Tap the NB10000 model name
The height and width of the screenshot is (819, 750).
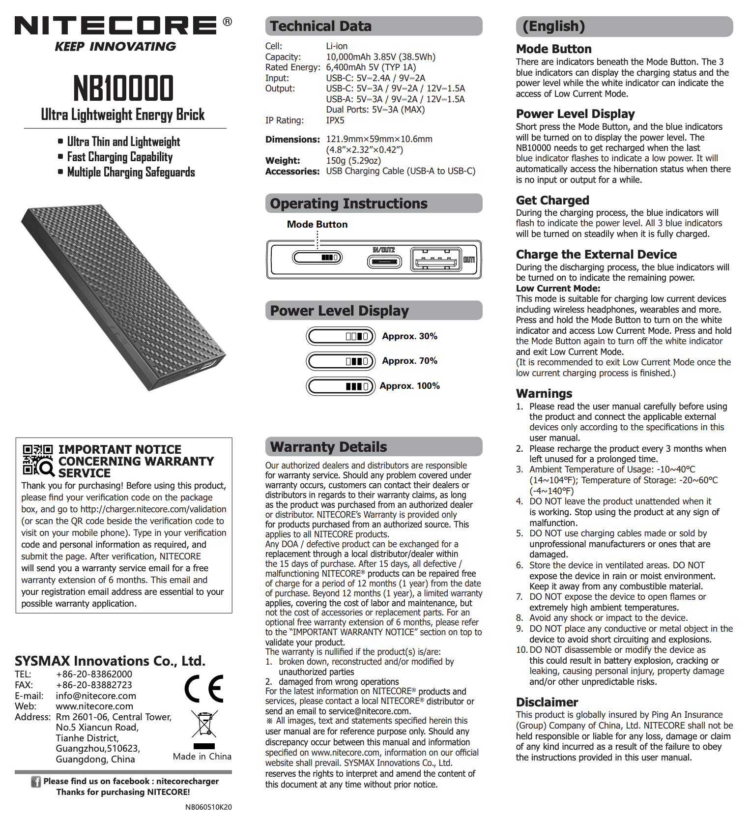point(123,88)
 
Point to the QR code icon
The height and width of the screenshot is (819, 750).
point(38,460)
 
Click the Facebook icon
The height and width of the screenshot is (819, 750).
point(36,782)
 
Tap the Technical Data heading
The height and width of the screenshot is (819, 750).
point(321,26)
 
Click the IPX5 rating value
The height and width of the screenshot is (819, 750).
point(335,120)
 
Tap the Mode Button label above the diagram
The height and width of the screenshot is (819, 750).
point(317,224)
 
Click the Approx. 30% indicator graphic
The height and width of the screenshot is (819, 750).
point(341,336)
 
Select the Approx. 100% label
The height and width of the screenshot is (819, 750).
point(409,386)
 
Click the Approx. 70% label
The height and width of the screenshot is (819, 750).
point(409,361)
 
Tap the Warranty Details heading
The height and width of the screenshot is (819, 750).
point(328,447)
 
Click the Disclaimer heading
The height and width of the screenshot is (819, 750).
point(547,702)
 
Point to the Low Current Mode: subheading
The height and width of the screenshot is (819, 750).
point(558,289)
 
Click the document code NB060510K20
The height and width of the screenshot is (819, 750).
point(208,807)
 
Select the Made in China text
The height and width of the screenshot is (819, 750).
point(202,757)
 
